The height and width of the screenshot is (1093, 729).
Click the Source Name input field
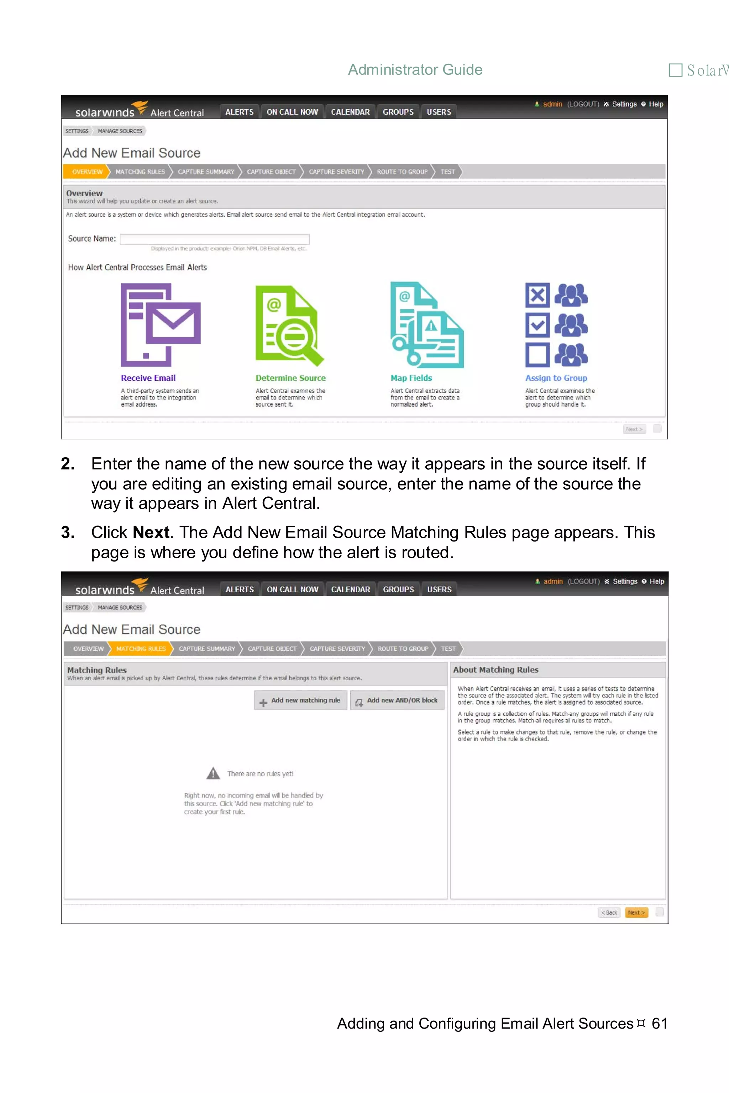pyautogui.click(x=214, y=239)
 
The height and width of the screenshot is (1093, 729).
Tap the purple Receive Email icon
pyautogui.click(x=161, y=325)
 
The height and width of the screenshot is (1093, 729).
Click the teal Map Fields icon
pyautogui.click(x=426, y=325)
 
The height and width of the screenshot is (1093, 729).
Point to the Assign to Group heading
pyautogui.click(x=556, y=378)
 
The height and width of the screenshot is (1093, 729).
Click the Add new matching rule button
pyautogui.click(x=300, y=700)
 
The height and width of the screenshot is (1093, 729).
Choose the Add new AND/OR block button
pyautogui.click(x=397, y=700)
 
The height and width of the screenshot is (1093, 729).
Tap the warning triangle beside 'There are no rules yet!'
pyautogui.click(x=213, y=773)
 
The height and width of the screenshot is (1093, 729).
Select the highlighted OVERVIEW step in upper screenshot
pyautogui.click(x=87, y=171)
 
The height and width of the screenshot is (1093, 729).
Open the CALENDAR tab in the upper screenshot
pyautogui.click(x=350, y=112)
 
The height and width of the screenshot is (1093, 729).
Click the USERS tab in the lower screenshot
pyautogui.click(x=439, y=589)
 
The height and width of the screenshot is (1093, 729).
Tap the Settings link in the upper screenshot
pyautogui.click(x=624, y=104)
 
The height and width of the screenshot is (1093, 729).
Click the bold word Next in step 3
pyautogui.click(x=151, y=532)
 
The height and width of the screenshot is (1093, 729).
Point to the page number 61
pyautogui.click(x=659, y=1023)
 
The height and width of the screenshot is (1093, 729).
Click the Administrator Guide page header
pyautogui.click(x=415, y=70)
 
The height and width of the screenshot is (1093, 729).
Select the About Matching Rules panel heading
pyautogui.click(x=495, y=670)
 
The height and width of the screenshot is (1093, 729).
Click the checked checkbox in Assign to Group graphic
pyautogui.click(x=537, y=325)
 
